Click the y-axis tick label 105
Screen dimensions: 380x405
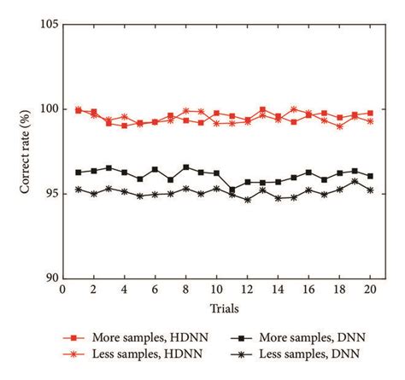[x=47, y=25]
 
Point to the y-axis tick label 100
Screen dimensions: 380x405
[x=47, y=109]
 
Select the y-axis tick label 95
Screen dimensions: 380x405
[x=50, y=194]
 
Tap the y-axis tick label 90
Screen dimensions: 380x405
[x=50, y=278]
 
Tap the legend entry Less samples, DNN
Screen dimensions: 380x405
[x=299, y=354]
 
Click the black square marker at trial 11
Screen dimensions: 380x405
[x=232, y=190]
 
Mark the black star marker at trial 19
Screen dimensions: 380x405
[x=355, y=181]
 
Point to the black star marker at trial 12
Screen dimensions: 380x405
[x=247, y=200]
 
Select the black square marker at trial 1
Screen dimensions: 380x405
[x=78, y=172]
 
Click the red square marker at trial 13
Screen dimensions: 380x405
[x=262, y=109]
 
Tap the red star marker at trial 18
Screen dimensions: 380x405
[x=339, y=126]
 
